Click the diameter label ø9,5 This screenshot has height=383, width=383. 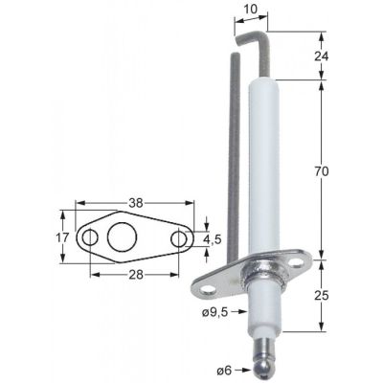(x=217, y=312)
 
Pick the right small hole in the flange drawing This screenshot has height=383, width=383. (x=179, y=237)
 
